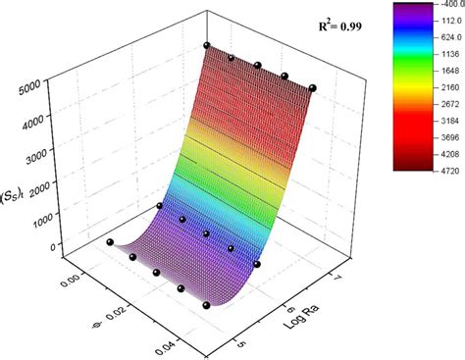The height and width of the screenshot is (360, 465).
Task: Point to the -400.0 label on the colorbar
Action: click(439, 8)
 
